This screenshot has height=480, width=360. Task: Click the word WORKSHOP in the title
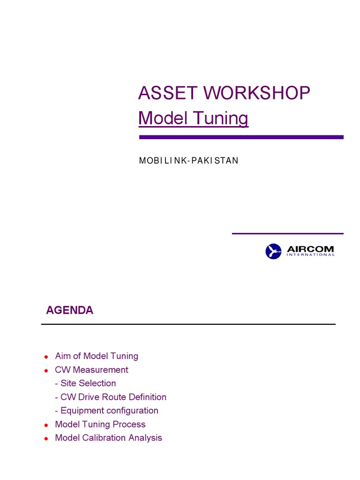(x=257, y=93)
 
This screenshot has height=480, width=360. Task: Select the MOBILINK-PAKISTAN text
(x=188, y=161)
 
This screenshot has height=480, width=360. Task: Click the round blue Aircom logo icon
(x=273, y=251)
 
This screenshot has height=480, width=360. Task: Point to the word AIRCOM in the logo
(x=310, y=248)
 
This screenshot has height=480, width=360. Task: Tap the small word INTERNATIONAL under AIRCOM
(x=310, y=255)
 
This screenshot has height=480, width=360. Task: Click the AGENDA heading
(x=69, y=310)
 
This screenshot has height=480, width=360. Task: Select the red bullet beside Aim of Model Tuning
(x=46, y=357)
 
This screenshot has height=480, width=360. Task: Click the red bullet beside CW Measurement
(x=46, y=370)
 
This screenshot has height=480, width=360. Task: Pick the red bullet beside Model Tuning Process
(x=46, y=425)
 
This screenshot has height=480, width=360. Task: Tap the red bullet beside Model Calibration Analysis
(x=46, y=439)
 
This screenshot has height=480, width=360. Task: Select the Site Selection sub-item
(x=85, y=383)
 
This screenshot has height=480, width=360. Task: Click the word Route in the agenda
(x=114, y=397)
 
